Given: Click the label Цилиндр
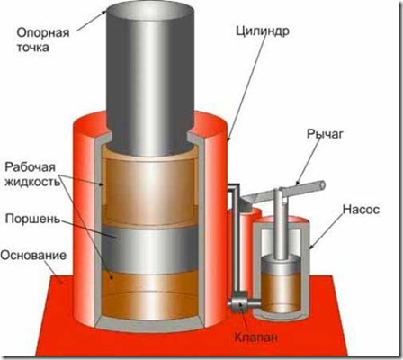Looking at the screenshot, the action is pos(263,31).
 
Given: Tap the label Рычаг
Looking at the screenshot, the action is pos(325,134).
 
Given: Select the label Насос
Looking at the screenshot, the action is pos(361,209).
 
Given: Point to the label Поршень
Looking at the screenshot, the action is pos(32,219).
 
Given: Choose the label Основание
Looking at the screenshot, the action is pos(33,256).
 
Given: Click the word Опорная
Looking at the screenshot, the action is pos(43,33).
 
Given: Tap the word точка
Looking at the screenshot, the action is pos(32,48).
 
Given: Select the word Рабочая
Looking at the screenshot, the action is pos(31,167).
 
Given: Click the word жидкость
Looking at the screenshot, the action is pos(32,182).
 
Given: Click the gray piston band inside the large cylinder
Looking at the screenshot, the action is pos(150,249).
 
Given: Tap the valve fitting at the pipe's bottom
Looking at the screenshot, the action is pos(239,304).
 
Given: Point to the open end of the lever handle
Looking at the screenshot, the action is pos(322,184).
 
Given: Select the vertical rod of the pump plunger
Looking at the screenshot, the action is pos(281,223).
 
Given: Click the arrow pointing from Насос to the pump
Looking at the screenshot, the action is pos(327,231).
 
